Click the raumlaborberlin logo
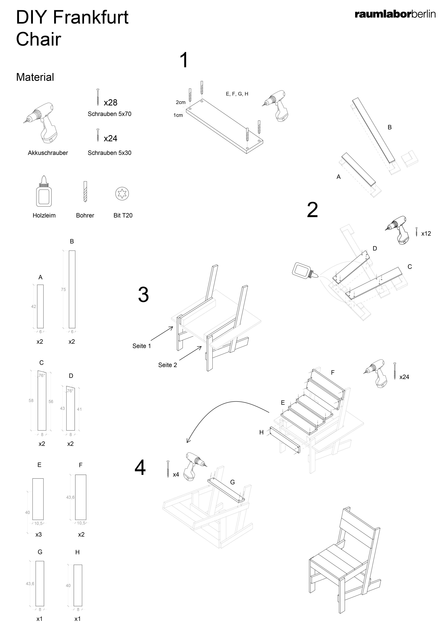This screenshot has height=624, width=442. pyautogui.click(x=395, y=14)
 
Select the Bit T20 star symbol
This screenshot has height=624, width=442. pyautogui.click(x=122, y=194)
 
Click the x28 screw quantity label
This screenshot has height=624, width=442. pyautogui.click(x=110, y=103)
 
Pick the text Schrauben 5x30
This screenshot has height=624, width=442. pyautogui.click(x=109, y=153)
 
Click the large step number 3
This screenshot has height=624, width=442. pyautogui.click(x=143, y=295)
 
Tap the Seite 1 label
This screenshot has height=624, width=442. pyautogui.click(x=141, y=346)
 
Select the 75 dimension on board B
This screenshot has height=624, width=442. pyautogui.click(x=63, y=289)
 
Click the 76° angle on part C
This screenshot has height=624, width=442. pyautogui.click(x=41, y=376)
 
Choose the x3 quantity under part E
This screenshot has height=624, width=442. pyautogui.click(x=39, y=534)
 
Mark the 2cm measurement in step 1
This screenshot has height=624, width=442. pyautogui.click(x=181, y=102)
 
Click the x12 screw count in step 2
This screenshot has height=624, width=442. pyautogui.click(x=426, y=234)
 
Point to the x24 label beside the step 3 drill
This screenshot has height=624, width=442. pyautogui.click(x=404, y=377)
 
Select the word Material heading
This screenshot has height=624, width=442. pyautogui.click(x=35, y=77)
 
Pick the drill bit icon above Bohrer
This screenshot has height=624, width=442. pyautogui.click(x=85, y=191)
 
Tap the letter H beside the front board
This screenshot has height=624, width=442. pyautogui.click(x=261, y=432)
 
